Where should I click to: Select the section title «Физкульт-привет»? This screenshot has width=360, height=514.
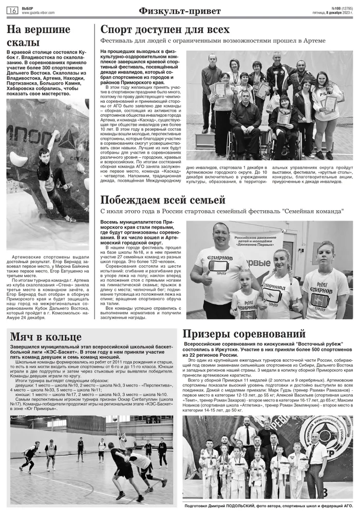point(180,11)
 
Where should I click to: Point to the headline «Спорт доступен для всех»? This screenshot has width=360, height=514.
point(164,30)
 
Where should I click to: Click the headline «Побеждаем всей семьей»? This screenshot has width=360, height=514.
point(162,200)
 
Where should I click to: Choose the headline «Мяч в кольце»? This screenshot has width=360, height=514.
point(46,337)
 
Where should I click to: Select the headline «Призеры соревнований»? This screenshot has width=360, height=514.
point(243,334)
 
